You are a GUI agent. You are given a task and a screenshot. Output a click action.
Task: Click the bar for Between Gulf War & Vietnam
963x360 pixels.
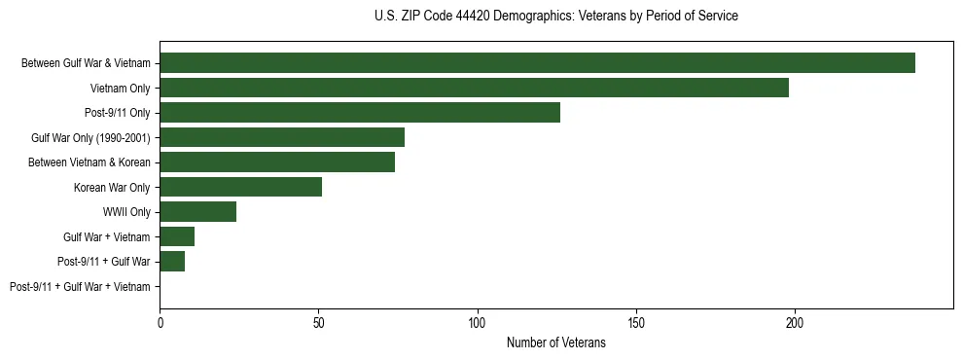pyautogui.click(x=537, y=63)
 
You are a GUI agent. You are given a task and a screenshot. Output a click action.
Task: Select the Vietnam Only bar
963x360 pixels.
pyautogui.click(x=474, y=89)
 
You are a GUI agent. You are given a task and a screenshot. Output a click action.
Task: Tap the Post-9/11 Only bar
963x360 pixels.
pyautogui.click(x=360, y=113)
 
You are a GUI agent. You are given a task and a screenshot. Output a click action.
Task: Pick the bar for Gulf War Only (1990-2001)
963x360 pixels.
pyautogui.click(x=282, y=137)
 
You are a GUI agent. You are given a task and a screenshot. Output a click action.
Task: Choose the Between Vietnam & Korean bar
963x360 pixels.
pyautogui.click(x=277, y=162)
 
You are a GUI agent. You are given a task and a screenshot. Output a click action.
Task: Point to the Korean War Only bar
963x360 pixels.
pyautogui.click(x=240, y=187)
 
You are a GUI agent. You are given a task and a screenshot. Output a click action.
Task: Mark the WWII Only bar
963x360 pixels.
pyautogui.click(x=197, y=212)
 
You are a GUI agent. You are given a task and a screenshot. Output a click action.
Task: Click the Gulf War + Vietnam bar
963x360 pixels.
pyautogui.click(x=177, y=236)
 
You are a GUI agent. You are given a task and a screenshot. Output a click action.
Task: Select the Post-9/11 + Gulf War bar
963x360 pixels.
pyautogui.click(x=172, y=262)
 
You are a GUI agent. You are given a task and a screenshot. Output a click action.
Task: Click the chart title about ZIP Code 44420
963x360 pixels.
pyautogui.click(x=555, y=17)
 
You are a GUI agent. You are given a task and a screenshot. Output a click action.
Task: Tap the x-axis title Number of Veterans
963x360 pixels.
pyautogui.click(x=555, y=342)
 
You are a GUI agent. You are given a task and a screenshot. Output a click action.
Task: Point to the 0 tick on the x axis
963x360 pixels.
pyautogui.click(x=160, y=322)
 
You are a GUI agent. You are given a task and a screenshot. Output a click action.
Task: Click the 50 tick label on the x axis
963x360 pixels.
pyautogui.click(x=318, y=322)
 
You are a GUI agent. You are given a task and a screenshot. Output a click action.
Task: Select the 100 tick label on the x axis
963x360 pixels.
pyautogui.click(x=477, y=322)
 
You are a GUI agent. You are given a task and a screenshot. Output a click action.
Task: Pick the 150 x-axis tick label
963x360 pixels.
pyautogui.click(x=635, y=322)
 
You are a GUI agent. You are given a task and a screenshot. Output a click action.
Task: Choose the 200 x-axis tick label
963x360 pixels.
pyautogui.click(x=794, y=322)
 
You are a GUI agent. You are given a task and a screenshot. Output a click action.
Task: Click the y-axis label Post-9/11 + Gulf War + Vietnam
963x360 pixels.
pyautogui.click(x=80, y=287)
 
